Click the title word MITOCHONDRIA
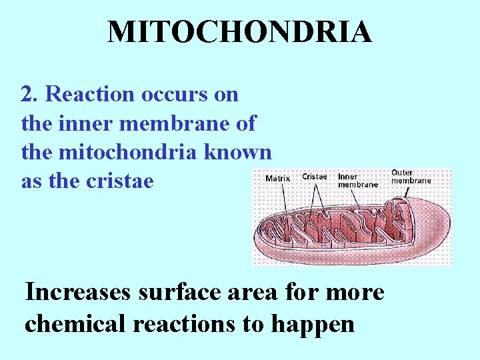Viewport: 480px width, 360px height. click(x=239, y=32)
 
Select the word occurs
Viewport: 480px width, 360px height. click(x=175, y=95)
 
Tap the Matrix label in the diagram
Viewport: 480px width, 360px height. click(x=278, y=178)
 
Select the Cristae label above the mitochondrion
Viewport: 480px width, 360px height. click(x=315, y=177)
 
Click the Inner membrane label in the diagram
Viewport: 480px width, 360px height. click(x=358, y=180)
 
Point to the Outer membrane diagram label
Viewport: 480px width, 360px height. click(x=411, y=176)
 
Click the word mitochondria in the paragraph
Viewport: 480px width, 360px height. click(x=127, y=152)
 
